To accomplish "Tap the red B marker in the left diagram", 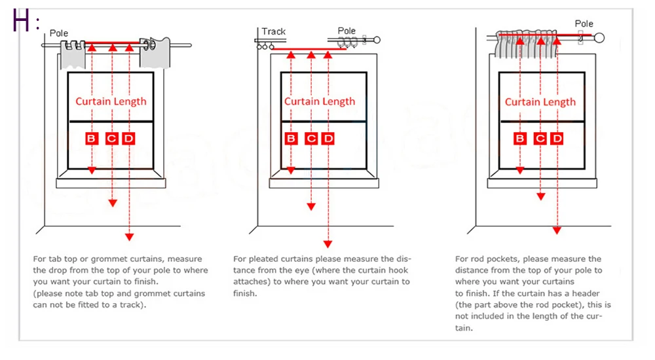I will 92,138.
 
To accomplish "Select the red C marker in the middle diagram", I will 311,138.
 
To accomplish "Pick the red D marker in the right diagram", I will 557,138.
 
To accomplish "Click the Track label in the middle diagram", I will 274,31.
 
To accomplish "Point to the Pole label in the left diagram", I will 58,33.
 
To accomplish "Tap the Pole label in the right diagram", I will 584,24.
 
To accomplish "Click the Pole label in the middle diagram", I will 346,31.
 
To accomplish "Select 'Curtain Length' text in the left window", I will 111,101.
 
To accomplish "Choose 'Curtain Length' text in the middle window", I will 320,101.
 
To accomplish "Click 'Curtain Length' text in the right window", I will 540,102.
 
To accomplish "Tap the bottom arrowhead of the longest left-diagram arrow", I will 130,236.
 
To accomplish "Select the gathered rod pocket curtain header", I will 528,43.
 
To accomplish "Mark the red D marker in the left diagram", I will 129,138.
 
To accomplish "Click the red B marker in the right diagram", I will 520,138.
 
